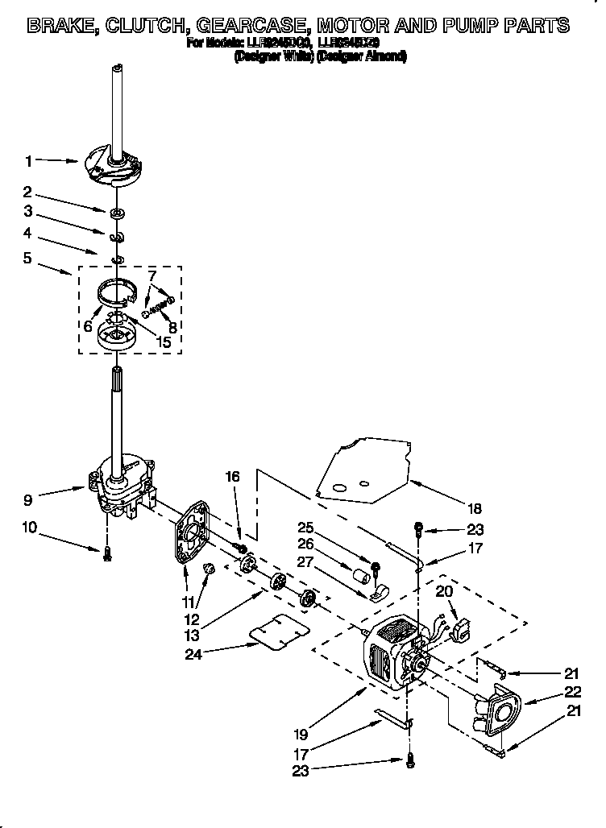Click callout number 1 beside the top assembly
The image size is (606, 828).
(29, 161)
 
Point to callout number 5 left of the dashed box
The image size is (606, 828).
(29, 259)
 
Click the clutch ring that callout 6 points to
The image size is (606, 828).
(115, 290)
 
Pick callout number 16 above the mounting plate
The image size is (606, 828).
(233, 477)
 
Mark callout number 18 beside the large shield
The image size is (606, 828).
(475, 508)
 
